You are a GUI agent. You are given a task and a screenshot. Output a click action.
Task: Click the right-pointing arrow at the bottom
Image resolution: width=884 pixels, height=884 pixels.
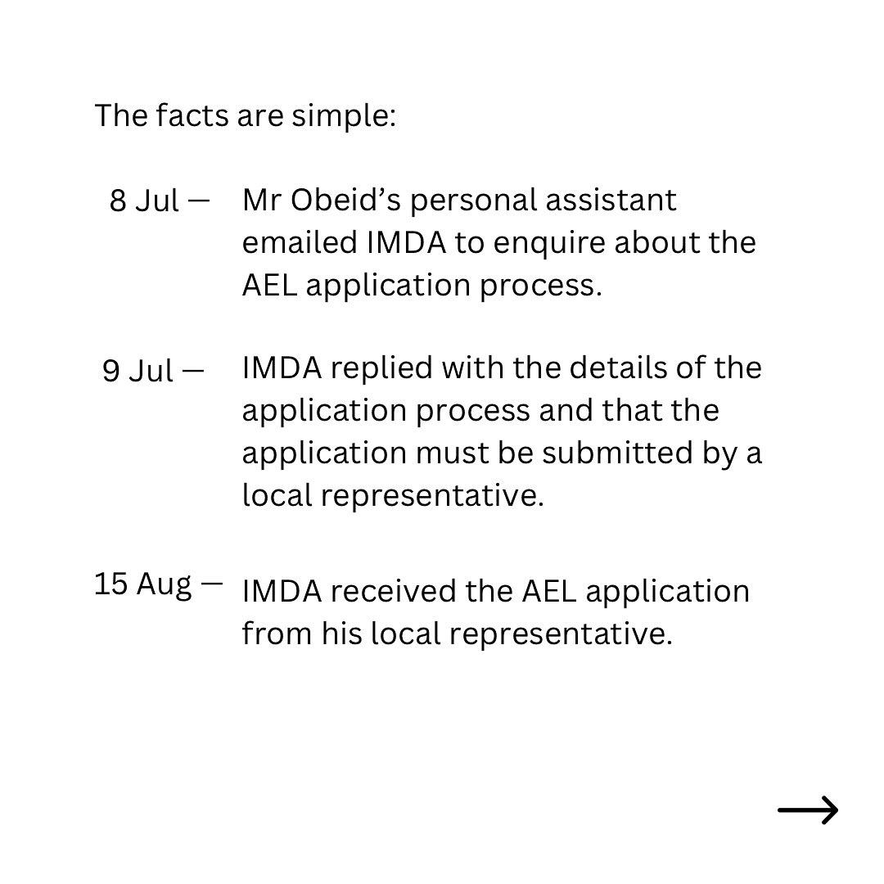click(x=808, y=810)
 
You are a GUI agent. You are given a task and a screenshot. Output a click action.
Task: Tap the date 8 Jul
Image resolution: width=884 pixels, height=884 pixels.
click(x=144, y=201)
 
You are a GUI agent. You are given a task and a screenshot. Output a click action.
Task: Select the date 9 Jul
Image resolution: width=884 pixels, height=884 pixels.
click(x=138, y=371)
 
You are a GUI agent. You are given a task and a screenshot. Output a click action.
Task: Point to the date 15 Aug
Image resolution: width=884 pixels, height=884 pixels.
click(x=142, y=584)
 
